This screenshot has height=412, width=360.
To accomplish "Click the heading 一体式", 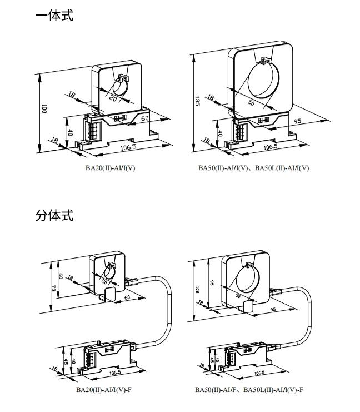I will tap(54, 16).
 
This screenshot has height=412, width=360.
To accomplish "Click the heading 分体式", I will tap(54, 215).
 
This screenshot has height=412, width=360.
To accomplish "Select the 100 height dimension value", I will tap(44, 109).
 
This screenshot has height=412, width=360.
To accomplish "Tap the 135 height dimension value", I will tap(197, 101).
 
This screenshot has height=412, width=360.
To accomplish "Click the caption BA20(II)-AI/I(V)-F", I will tap(104, 389).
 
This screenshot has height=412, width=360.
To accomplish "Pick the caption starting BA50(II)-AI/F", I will tap(249, 389).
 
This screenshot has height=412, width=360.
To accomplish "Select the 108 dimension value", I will tap(197, 289).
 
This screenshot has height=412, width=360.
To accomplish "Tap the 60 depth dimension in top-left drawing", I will tap(144, 118).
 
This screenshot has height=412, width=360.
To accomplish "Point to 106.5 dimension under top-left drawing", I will tap(128, 147).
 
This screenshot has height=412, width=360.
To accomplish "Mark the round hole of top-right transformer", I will tap(261, 81).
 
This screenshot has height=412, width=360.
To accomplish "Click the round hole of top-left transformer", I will tap(120, 88).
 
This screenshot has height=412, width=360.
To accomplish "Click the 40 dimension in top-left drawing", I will tap(70, 132).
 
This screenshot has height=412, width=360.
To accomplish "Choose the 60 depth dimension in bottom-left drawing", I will tap(127, 298).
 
